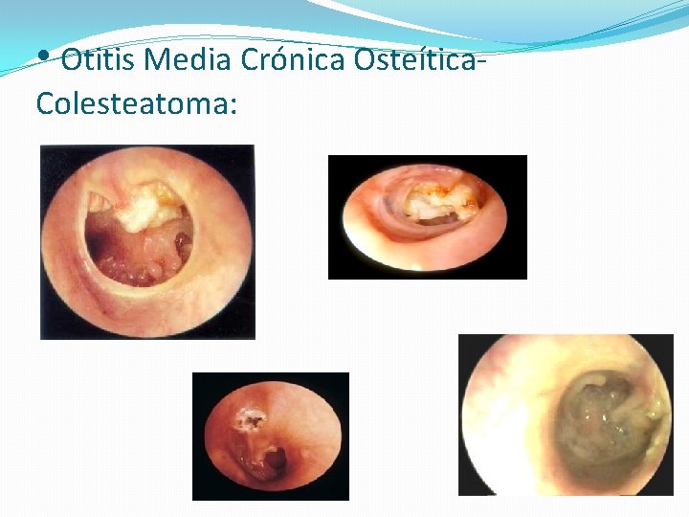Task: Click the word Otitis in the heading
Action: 99,60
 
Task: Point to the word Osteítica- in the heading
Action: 416,60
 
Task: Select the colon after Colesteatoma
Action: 233,105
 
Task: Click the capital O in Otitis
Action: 72,60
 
